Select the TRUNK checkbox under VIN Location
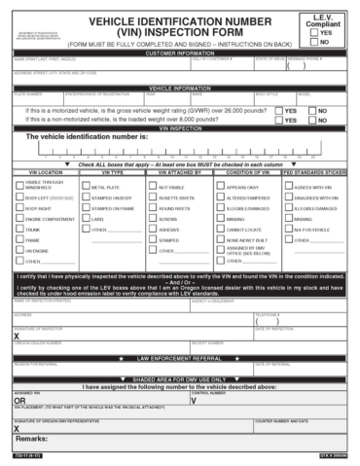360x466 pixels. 19,230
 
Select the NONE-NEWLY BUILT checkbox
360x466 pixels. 220,239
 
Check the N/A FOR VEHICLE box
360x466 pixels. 289,230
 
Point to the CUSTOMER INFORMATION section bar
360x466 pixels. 180,54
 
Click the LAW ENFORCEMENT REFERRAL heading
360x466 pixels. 180,358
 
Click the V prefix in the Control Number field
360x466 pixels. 194,400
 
